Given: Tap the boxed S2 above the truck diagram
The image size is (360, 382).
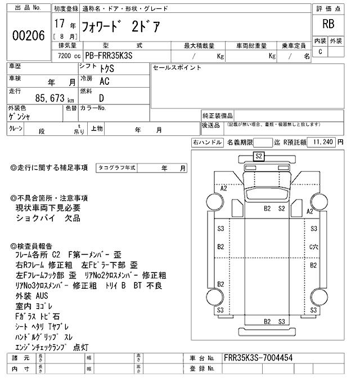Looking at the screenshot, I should [x=259, y=156].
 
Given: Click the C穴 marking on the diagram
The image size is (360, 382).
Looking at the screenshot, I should [x=314, y=247].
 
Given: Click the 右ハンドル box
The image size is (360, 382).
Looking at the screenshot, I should [x=207, y=143].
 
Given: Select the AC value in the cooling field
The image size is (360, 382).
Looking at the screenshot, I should [x=105, y=81].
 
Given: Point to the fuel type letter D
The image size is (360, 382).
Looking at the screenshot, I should [x=101, y=98].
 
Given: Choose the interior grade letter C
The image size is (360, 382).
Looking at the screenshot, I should [x=320, y=52].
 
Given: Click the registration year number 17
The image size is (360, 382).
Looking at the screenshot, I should [x=59, y=25].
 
